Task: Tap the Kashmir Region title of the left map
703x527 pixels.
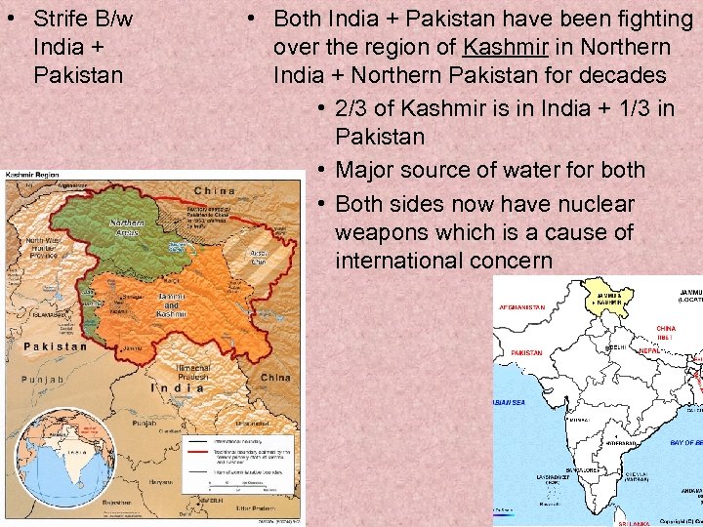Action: pyautogui.click(x=37, y=175)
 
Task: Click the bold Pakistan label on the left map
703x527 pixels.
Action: pyautogui.click(x=55, y=345)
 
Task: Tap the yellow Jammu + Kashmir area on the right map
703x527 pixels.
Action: pyautogui.click(x=606, y=299)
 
